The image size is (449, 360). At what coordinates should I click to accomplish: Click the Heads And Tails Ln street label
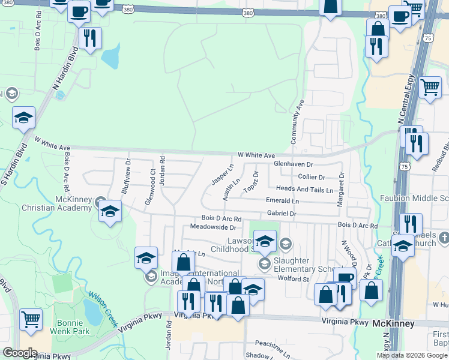click(x=304, y=190)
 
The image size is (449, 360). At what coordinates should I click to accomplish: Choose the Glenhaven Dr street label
click(x=294, y=164)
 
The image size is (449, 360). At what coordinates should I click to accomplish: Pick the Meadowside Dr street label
click(x=213, y=227)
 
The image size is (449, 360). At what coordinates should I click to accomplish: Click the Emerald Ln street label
click(x=283, y=201)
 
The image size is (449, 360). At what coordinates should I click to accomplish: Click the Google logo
click(x=20, y=353)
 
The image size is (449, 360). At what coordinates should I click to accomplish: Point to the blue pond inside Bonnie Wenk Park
click(x=91, y=310)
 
